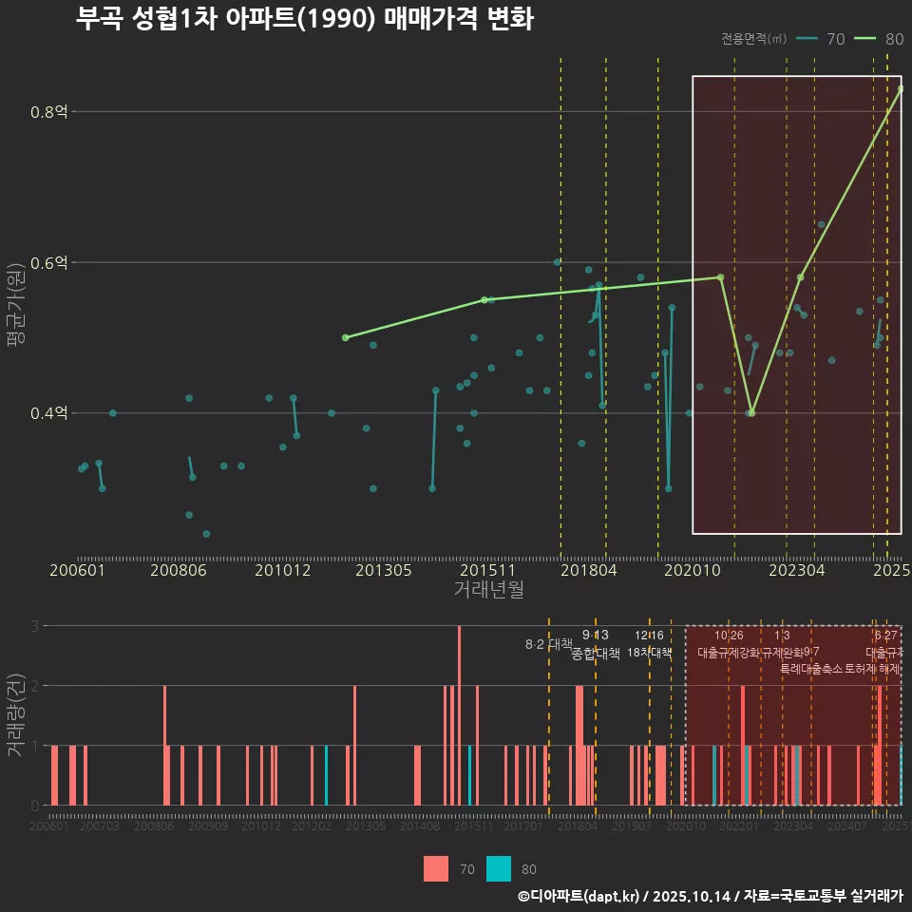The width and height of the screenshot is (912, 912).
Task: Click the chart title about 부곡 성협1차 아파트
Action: pyautogui.click(x=304, y=19)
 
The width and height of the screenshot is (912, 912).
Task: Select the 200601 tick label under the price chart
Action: pyautogui.click(x=77, y=571)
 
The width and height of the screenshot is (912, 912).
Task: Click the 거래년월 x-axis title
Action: pyautogui.click(x=488, y=589)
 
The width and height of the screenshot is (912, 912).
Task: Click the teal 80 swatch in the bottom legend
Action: pyautogui.click(x=499, y=868)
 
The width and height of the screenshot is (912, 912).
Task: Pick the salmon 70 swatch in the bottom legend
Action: pyautogui.click(x=436, y=868)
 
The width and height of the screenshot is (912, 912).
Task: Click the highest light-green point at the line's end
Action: pyautogui.click(x=901, y=88)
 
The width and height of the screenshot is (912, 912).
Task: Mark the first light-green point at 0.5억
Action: pyautogui.click(x=345, y=337)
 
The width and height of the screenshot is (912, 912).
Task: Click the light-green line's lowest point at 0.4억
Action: pyautogui.click(x=751, y=413)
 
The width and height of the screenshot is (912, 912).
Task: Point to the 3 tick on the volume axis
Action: pyautogui.click(x=34, y=626)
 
